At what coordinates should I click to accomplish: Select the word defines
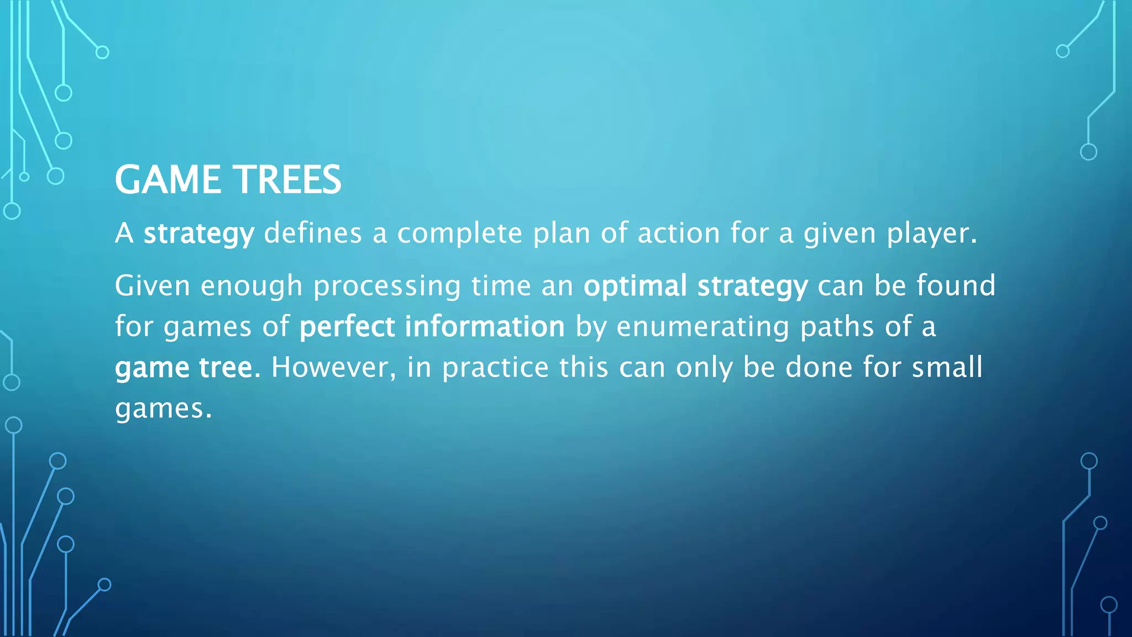(313, 233)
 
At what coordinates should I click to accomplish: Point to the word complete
(459, 234)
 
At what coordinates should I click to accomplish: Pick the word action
(679, 233)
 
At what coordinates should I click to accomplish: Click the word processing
(387, 286)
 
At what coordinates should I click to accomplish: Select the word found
(956, 285)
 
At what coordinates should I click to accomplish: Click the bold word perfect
(347, 327)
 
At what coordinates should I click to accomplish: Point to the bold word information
(485, 326)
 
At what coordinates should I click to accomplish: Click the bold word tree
(229, 367)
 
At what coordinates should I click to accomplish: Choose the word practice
(495, 368)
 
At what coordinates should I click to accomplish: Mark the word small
(947, 367)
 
